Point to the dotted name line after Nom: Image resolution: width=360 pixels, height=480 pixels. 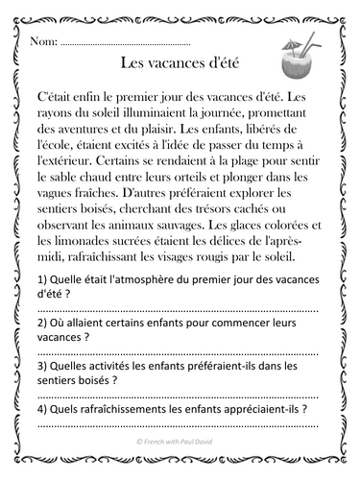coord(125,45)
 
